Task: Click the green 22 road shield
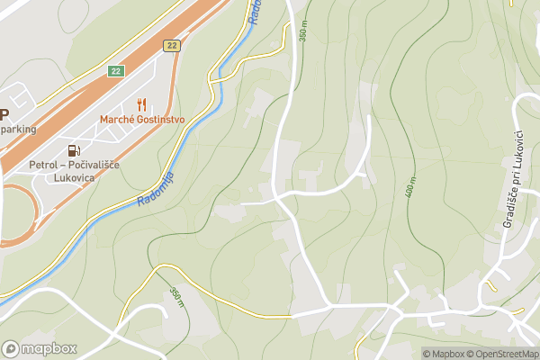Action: pos(116,70)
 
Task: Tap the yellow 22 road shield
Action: pos(170,45)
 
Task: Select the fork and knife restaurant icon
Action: pos(141,103)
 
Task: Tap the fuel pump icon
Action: pos(73,149)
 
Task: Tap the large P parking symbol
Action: pos(4,114)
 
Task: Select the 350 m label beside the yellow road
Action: pos(176,297)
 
